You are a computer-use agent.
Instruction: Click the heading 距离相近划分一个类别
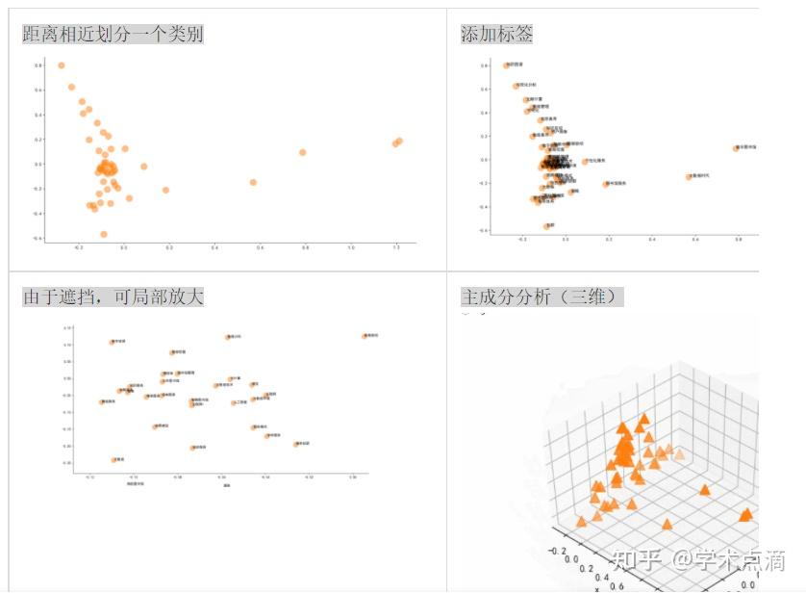113,34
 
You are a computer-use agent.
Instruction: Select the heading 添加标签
496,34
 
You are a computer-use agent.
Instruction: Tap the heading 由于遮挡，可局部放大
113,296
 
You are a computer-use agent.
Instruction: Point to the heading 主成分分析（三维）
542,296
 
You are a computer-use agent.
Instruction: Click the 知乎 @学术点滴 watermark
699,559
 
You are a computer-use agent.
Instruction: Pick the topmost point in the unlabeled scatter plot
62,65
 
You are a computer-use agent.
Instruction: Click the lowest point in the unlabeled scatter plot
104,234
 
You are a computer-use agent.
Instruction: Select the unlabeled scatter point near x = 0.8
302,152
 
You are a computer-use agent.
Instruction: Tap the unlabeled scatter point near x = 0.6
254,182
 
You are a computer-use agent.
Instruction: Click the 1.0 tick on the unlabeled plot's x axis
350,248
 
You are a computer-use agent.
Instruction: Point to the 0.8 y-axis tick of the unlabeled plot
38,65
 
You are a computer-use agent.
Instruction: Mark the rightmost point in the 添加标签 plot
737,148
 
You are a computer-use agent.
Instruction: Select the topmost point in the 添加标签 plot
506,65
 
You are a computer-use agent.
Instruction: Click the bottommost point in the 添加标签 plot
546,226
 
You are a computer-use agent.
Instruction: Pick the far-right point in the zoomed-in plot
365,336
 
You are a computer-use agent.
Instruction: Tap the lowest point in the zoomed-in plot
113,460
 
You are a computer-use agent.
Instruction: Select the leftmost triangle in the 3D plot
581,522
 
